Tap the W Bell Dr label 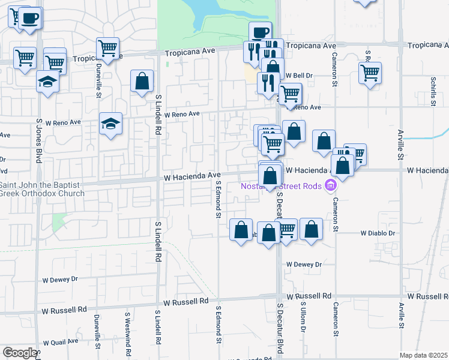(x=300, y=76)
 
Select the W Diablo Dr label (x=378, y=233)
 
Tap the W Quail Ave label (x=60, y=341)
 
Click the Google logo (x=19, y=353)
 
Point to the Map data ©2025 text (x=424, y=355)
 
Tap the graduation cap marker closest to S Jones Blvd (x=47, y=81)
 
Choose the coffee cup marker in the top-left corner (x=29, y=19)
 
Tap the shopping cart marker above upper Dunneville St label (x=108, y=47)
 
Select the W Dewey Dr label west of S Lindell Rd (x=60, y=280)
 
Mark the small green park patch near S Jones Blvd (x=59, y=222)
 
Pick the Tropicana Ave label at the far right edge (x=427, y=46)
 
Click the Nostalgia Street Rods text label (x=282, y=186)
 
